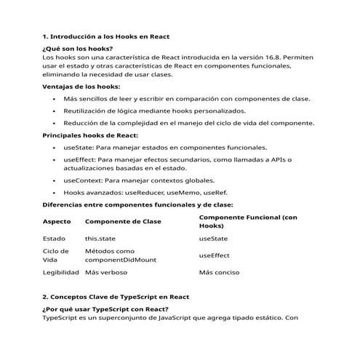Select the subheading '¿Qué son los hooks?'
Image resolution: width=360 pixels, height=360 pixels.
(x=78, y=48)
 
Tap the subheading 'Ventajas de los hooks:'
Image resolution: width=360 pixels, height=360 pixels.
(x=81, y=87)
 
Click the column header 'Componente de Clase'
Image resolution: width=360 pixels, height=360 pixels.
(x=123, y=221)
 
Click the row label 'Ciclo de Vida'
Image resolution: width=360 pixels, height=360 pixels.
(x=55, y=255)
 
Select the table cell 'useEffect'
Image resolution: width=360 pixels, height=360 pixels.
(x=214, y=255)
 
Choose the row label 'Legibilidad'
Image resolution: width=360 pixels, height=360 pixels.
(x=61, y=273)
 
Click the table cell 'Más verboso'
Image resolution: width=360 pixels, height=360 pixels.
(x=106, y=273)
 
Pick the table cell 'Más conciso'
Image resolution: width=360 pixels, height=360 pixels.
(x=219, y=273)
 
